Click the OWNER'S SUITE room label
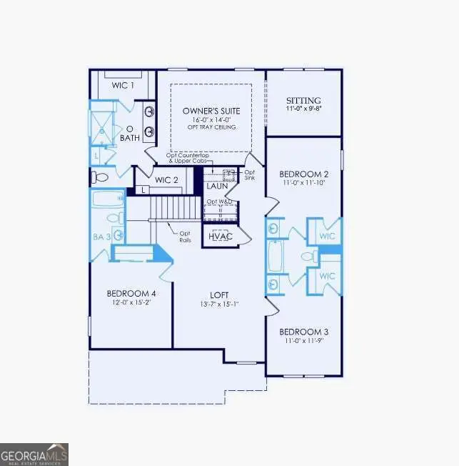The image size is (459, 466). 211,111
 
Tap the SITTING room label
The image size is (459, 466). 303,101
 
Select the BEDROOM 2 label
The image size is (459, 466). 303,174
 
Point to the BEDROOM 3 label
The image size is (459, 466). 303,332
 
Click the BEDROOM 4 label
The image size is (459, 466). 131,293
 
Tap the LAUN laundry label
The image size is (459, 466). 217,186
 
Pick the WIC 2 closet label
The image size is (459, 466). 166,179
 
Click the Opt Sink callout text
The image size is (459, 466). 249,177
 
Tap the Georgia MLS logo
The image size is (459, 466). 34,453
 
